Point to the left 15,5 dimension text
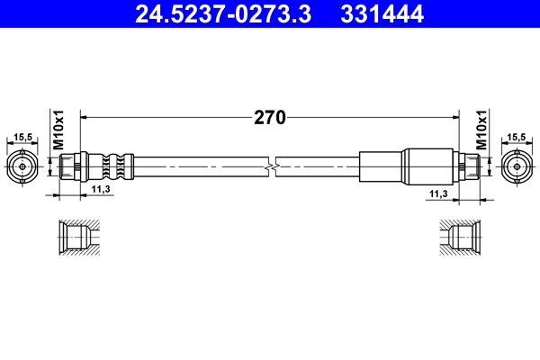pyautogui.click(x=23, y=138)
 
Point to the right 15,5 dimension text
pyautogui.click(x=516, y=138)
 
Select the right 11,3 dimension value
pyautogui.click(x=439, y=192)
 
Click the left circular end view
pyautogui.click(x=23, y=166)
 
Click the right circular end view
pyautogui.click(x=516, y=166)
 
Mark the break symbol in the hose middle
pyautogui.click(x=272, y=166)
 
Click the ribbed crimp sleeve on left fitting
pyautogui.click(x=110, y=166)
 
